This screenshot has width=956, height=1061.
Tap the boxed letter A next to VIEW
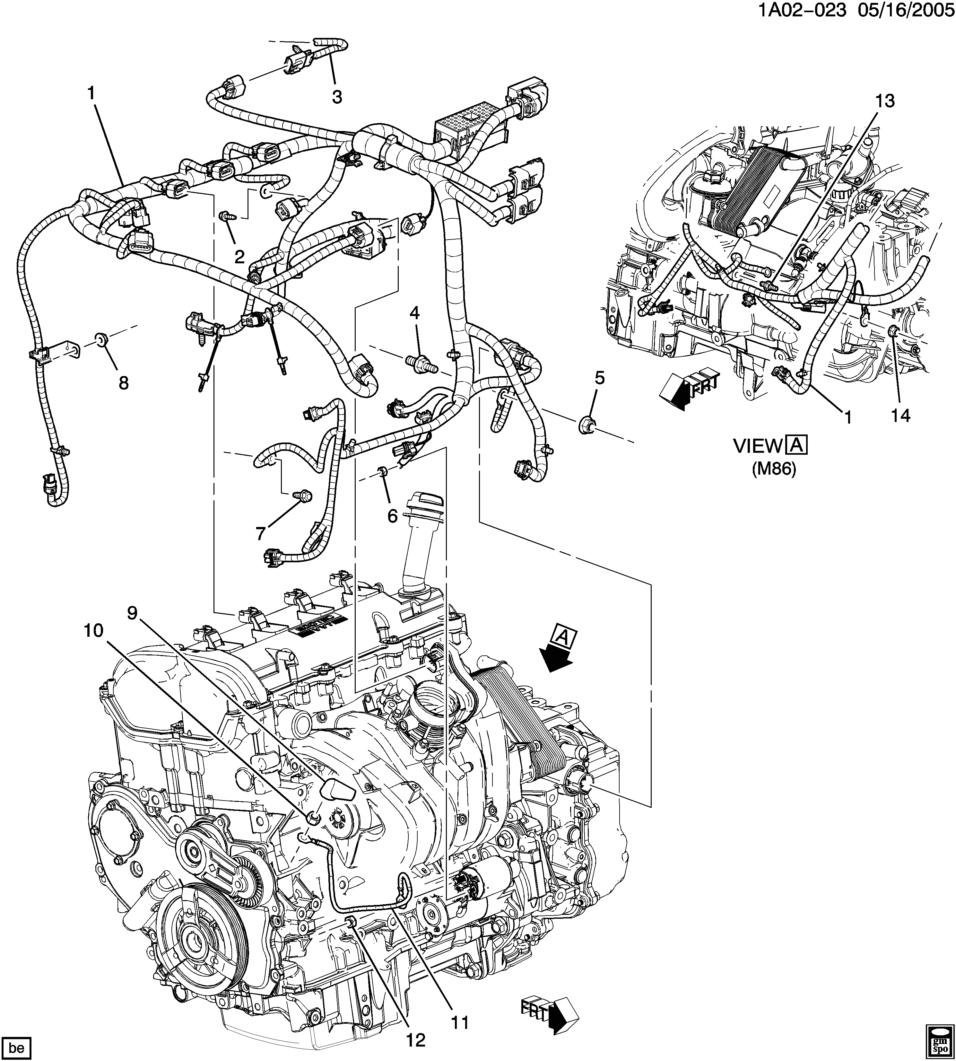tap(796, 446)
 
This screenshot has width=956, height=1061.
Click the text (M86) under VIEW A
tap(774, 468)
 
